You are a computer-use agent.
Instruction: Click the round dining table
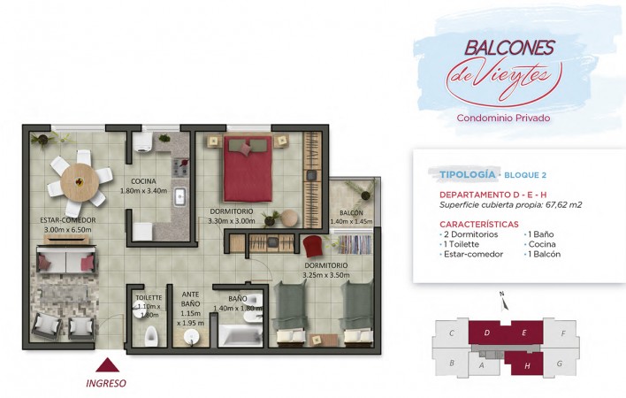point(80,182)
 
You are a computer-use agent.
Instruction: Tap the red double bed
point(248,169)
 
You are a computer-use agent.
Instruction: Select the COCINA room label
point(143,181)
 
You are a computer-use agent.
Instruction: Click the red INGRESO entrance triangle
point(107,365)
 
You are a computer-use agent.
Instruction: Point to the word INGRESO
point(106,383)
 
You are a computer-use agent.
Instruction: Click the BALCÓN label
point(351,213)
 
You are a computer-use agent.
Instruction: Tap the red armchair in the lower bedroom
point(313,246)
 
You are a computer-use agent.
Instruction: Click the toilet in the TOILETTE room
point(151,336)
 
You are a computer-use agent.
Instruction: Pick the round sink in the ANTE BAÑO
point(192,337)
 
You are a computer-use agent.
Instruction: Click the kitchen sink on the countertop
point(179,197)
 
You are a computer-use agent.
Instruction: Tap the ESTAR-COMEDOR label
point(68,220)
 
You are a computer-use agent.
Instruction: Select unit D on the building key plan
point(486,333)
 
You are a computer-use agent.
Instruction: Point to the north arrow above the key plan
point(504,302)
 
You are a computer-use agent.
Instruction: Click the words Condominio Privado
point(503,119)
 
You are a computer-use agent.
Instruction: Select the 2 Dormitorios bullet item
point(469,234)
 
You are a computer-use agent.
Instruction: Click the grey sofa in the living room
point(66,259)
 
